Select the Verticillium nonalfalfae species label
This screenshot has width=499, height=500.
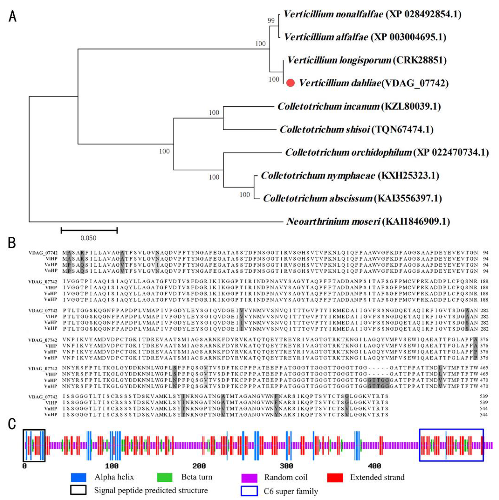(372, 14)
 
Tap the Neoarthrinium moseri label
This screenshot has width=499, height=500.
(368, 221)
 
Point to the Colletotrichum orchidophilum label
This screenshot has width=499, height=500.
(387, 152)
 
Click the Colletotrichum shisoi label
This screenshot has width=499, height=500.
(356, 129)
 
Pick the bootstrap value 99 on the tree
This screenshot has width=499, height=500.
(271, 20)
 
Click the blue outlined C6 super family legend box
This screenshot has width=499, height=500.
(249, 491)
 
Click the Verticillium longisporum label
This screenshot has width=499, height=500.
(367, 60)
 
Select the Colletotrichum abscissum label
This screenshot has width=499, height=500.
(352, 198)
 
